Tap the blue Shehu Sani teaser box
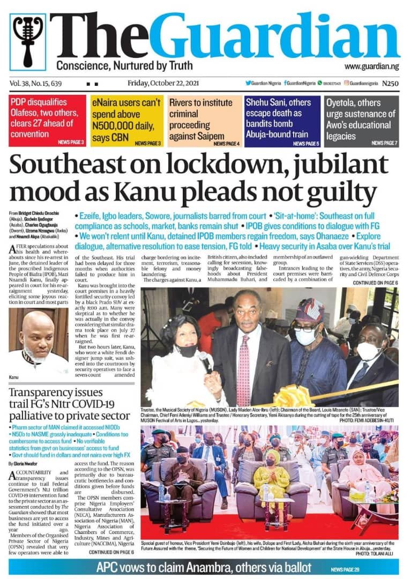282,120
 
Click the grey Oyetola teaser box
361,120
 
